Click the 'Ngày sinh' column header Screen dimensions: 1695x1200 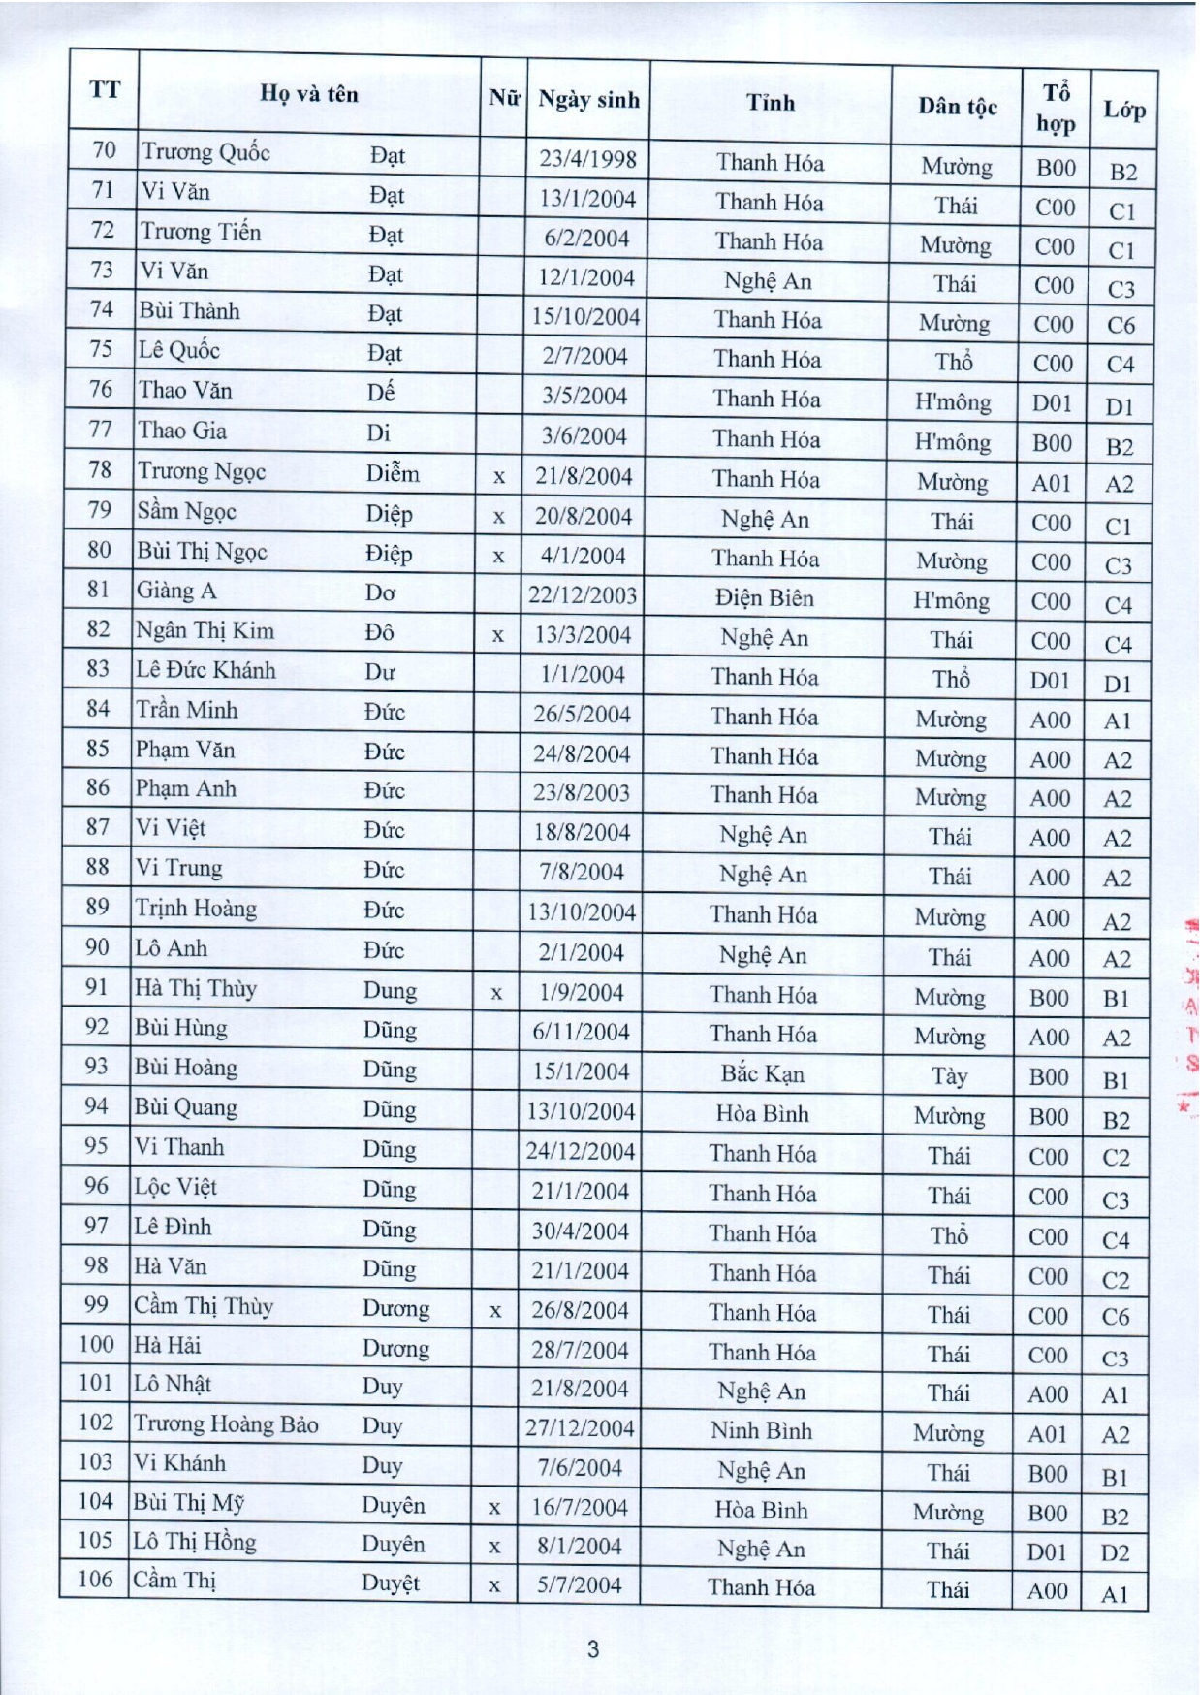588,100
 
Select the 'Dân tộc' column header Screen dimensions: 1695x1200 957,107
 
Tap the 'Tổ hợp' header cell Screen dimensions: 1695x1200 1056,108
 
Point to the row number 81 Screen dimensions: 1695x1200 98,590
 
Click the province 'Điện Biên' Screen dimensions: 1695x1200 765,598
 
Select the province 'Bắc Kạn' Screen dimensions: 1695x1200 763,1073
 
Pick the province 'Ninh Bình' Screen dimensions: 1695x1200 761,1431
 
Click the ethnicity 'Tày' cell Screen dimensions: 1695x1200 949,1076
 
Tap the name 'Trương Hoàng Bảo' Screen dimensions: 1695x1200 226,1423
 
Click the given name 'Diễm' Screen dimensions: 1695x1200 393,473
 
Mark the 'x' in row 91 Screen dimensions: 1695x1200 496,994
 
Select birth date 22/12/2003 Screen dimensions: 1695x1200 583,595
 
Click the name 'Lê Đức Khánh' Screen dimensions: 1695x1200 205,670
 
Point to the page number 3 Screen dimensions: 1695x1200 593,1648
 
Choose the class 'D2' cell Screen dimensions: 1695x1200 1115,1553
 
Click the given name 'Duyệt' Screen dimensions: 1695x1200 391,1583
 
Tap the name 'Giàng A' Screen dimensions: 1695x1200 176,591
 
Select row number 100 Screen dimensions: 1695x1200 96,1345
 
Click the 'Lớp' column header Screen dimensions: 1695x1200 1123,110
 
